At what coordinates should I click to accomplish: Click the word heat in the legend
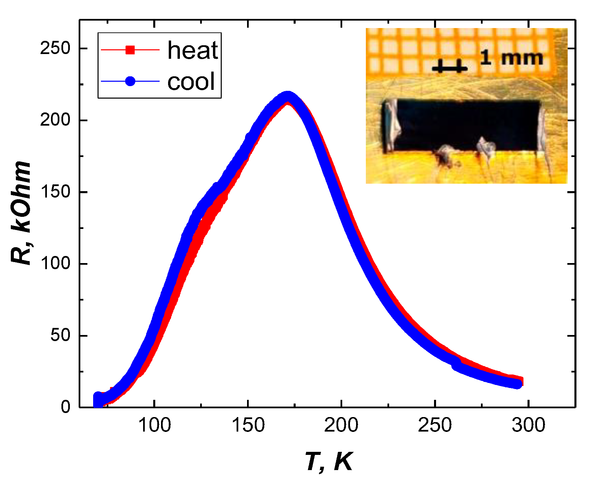coord(193,51)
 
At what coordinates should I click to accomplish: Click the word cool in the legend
coord(191,82)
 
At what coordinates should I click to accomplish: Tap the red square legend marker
coord(130,50)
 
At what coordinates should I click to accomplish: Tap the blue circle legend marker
coord(130,81)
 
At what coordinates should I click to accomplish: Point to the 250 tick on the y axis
coord(55,48)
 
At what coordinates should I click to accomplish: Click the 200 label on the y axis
coord(55,120)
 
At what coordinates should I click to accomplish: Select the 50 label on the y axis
coord(60,335)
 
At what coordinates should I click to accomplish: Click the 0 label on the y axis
coord(66,407)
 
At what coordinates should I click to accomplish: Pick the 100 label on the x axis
coord(154,425)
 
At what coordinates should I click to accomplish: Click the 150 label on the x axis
coord(248,425)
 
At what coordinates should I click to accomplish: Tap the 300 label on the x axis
coord(528,425)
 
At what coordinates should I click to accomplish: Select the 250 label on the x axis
coord(435,425)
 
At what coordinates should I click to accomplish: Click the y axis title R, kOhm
coord(21,213)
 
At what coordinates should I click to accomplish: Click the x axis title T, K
coord(328,462)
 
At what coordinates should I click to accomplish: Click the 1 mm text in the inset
coord(511,58)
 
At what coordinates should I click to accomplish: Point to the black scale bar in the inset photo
coord(450,69)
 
